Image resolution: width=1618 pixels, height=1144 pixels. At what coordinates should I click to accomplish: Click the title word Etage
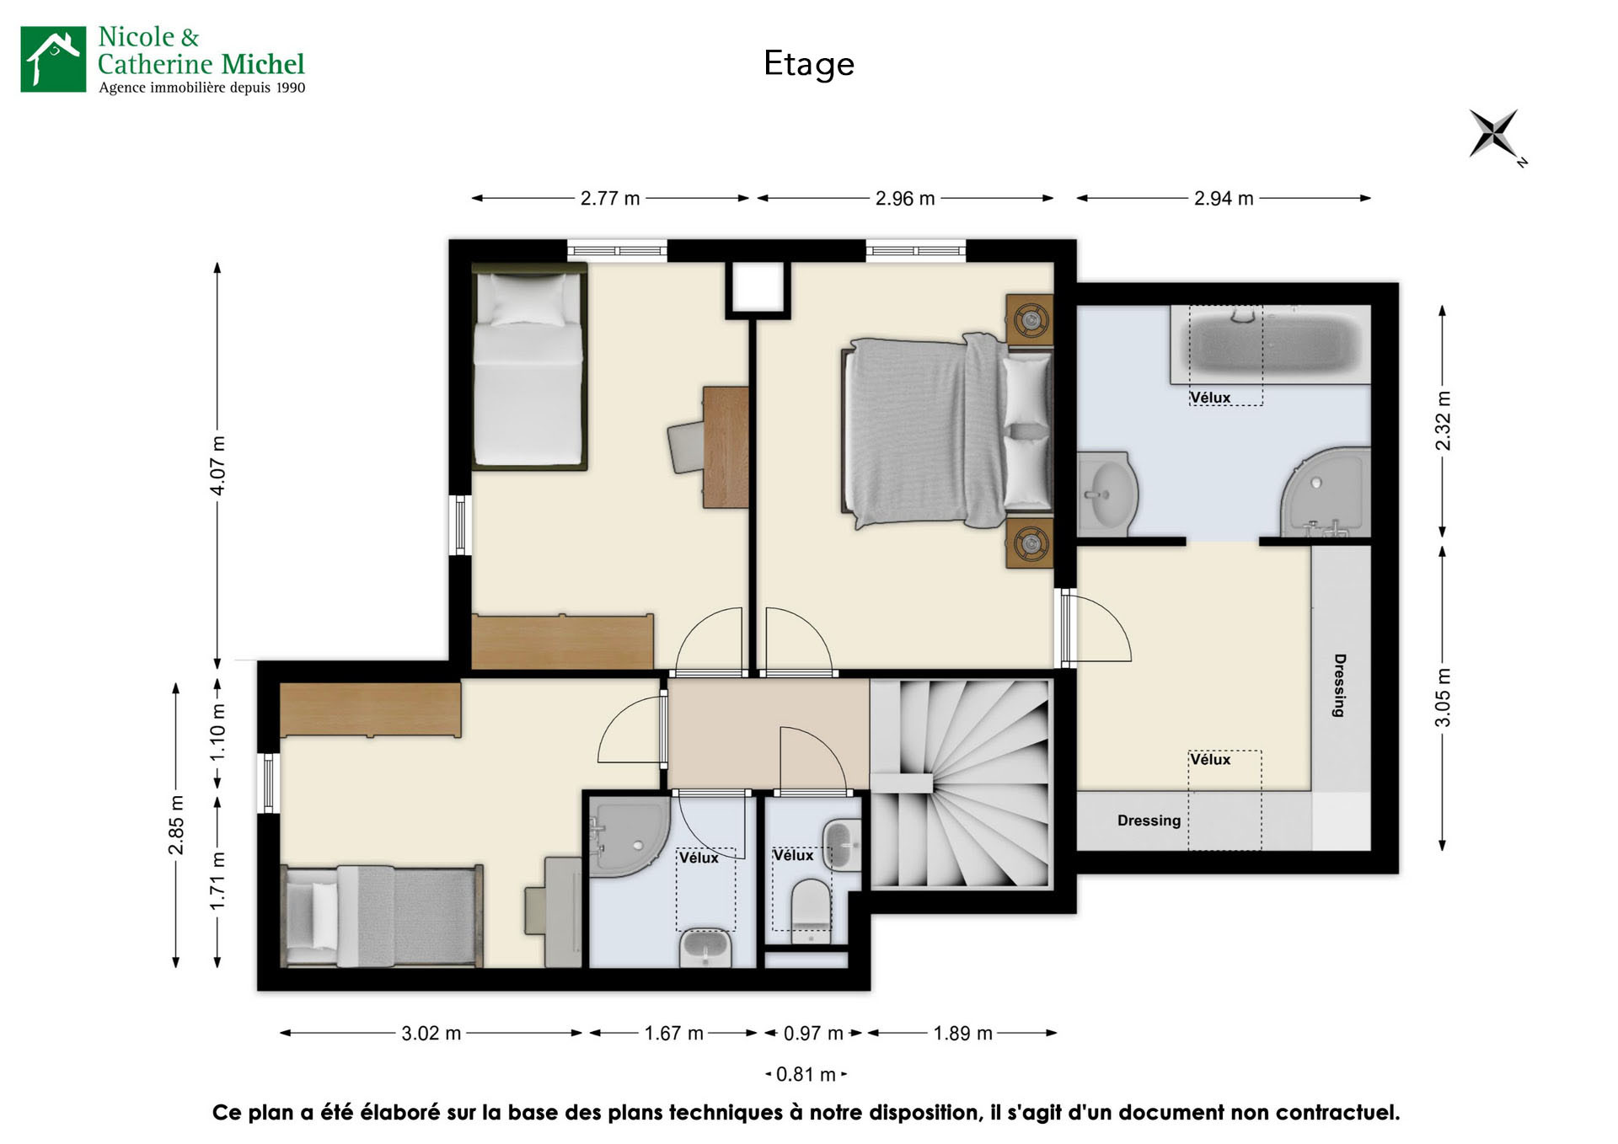tap(808, 64)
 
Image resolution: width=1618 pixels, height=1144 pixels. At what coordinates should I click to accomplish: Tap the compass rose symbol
tap(1493, 133)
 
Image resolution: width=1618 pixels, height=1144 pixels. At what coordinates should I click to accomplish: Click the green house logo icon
tap(53, 59)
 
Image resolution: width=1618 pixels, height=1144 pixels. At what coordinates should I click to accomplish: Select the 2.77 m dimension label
tap(609, 199)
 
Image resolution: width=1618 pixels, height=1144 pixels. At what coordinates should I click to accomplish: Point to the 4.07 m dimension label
tap(217, 465)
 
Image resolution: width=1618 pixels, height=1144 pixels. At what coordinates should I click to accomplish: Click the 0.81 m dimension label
tap(806, 1074)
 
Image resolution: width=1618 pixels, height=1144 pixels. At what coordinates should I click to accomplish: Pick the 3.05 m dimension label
tap(1443, 698)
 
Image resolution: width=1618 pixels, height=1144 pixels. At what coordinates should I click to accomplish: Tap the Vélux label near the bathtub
tap(1210, 398)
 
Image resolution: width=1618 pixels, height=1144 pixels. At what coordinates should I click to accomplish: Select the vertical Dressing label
tap(1339, 685)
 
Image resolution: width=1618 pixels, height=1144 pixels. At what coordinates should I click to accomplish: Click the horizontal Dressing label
tap(1149, 821)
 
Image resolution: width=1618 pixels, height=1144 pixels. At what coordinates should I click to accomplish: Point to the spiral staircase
tap(962, 783)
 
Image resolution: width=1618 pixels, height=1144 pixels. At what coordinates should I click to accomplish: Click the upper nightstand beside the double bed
tap(1030, 319)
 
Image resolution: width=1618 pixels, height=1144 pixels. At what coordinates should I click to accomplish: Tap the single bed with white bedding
tap(528, 366)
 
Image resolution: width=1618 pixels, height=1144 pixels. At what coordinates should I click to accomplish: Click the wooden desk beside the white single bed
tap(726, 446)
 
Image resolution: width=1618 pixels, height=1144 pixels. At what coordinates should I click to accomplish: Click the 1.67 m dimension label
tap(673, 1033)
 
